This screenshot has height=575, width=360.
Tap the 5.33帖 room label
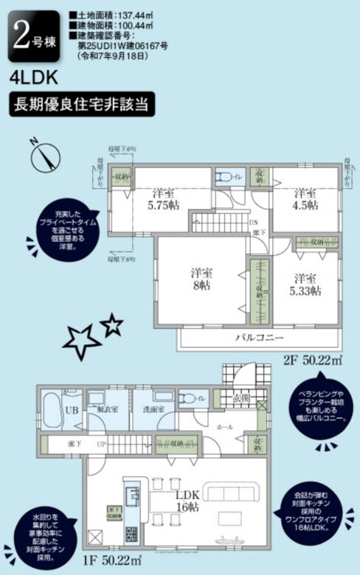click(x=305, y=285)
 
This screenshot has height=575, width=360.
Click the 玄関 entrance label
click(x=242, y=399)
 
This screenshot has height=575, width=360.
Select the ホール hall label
click(x=226, y=427)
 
